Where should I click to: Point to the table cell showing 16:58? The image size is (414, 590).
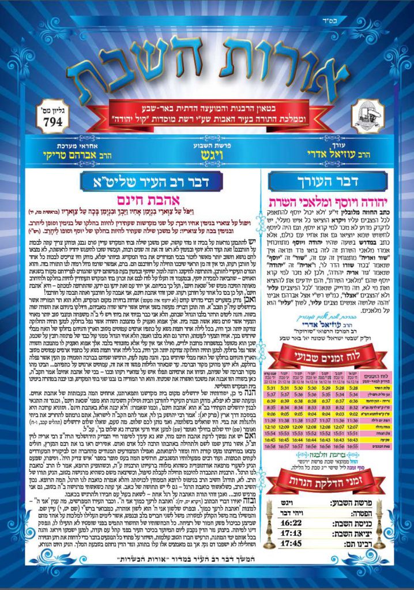272,462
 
